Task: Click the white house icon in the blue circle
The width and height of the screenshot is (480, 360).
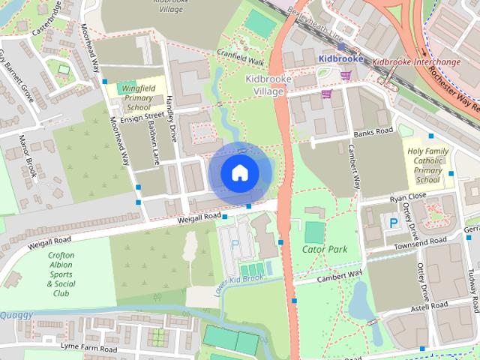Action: coord(238,172)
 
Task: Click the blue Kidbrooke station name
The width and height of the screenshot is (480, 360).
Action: coord(340,58)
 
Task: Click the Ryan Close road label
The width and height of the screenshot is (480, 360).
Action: coord(408,196)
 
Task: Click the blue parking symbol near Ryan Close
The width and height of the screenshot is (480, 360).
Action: coord(393,222)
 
